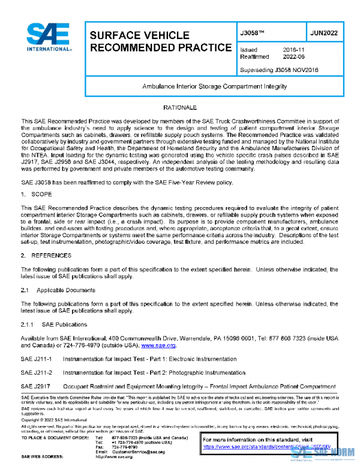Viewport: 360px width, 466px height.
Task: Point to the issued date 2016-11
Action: [x=293, y=50]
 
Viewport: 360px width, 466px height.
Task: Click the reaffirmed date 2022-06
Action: [x=293, y=57]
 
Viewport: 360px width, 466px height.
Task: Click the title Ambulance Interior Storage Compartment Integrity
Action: [x=214, y=86]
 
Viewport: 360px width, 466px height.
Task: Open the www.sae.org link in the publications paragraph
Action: [x=158, y=346]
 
